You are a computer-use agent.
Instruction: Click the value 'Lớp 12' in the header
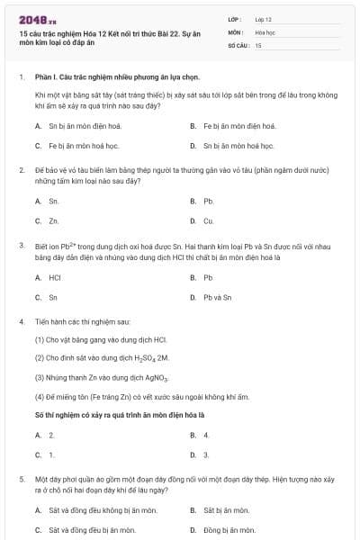pos(264,18)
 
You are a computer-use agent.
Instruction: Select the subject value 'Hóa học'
pos(265,31)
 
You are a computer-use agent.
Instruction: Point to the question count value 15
pos(258,44)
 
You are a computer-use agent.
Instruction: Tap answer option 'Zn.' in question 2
pos(54,220)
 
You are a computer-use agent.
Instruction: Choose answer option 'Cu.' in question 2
pos(208,220)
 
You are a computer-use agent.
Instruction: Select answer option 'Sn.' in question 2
pos(54,202)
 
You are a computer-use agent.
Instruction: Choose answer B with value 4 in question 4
pos(206,435)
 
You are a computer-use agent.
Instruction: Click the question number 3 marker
pos(21,245)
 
